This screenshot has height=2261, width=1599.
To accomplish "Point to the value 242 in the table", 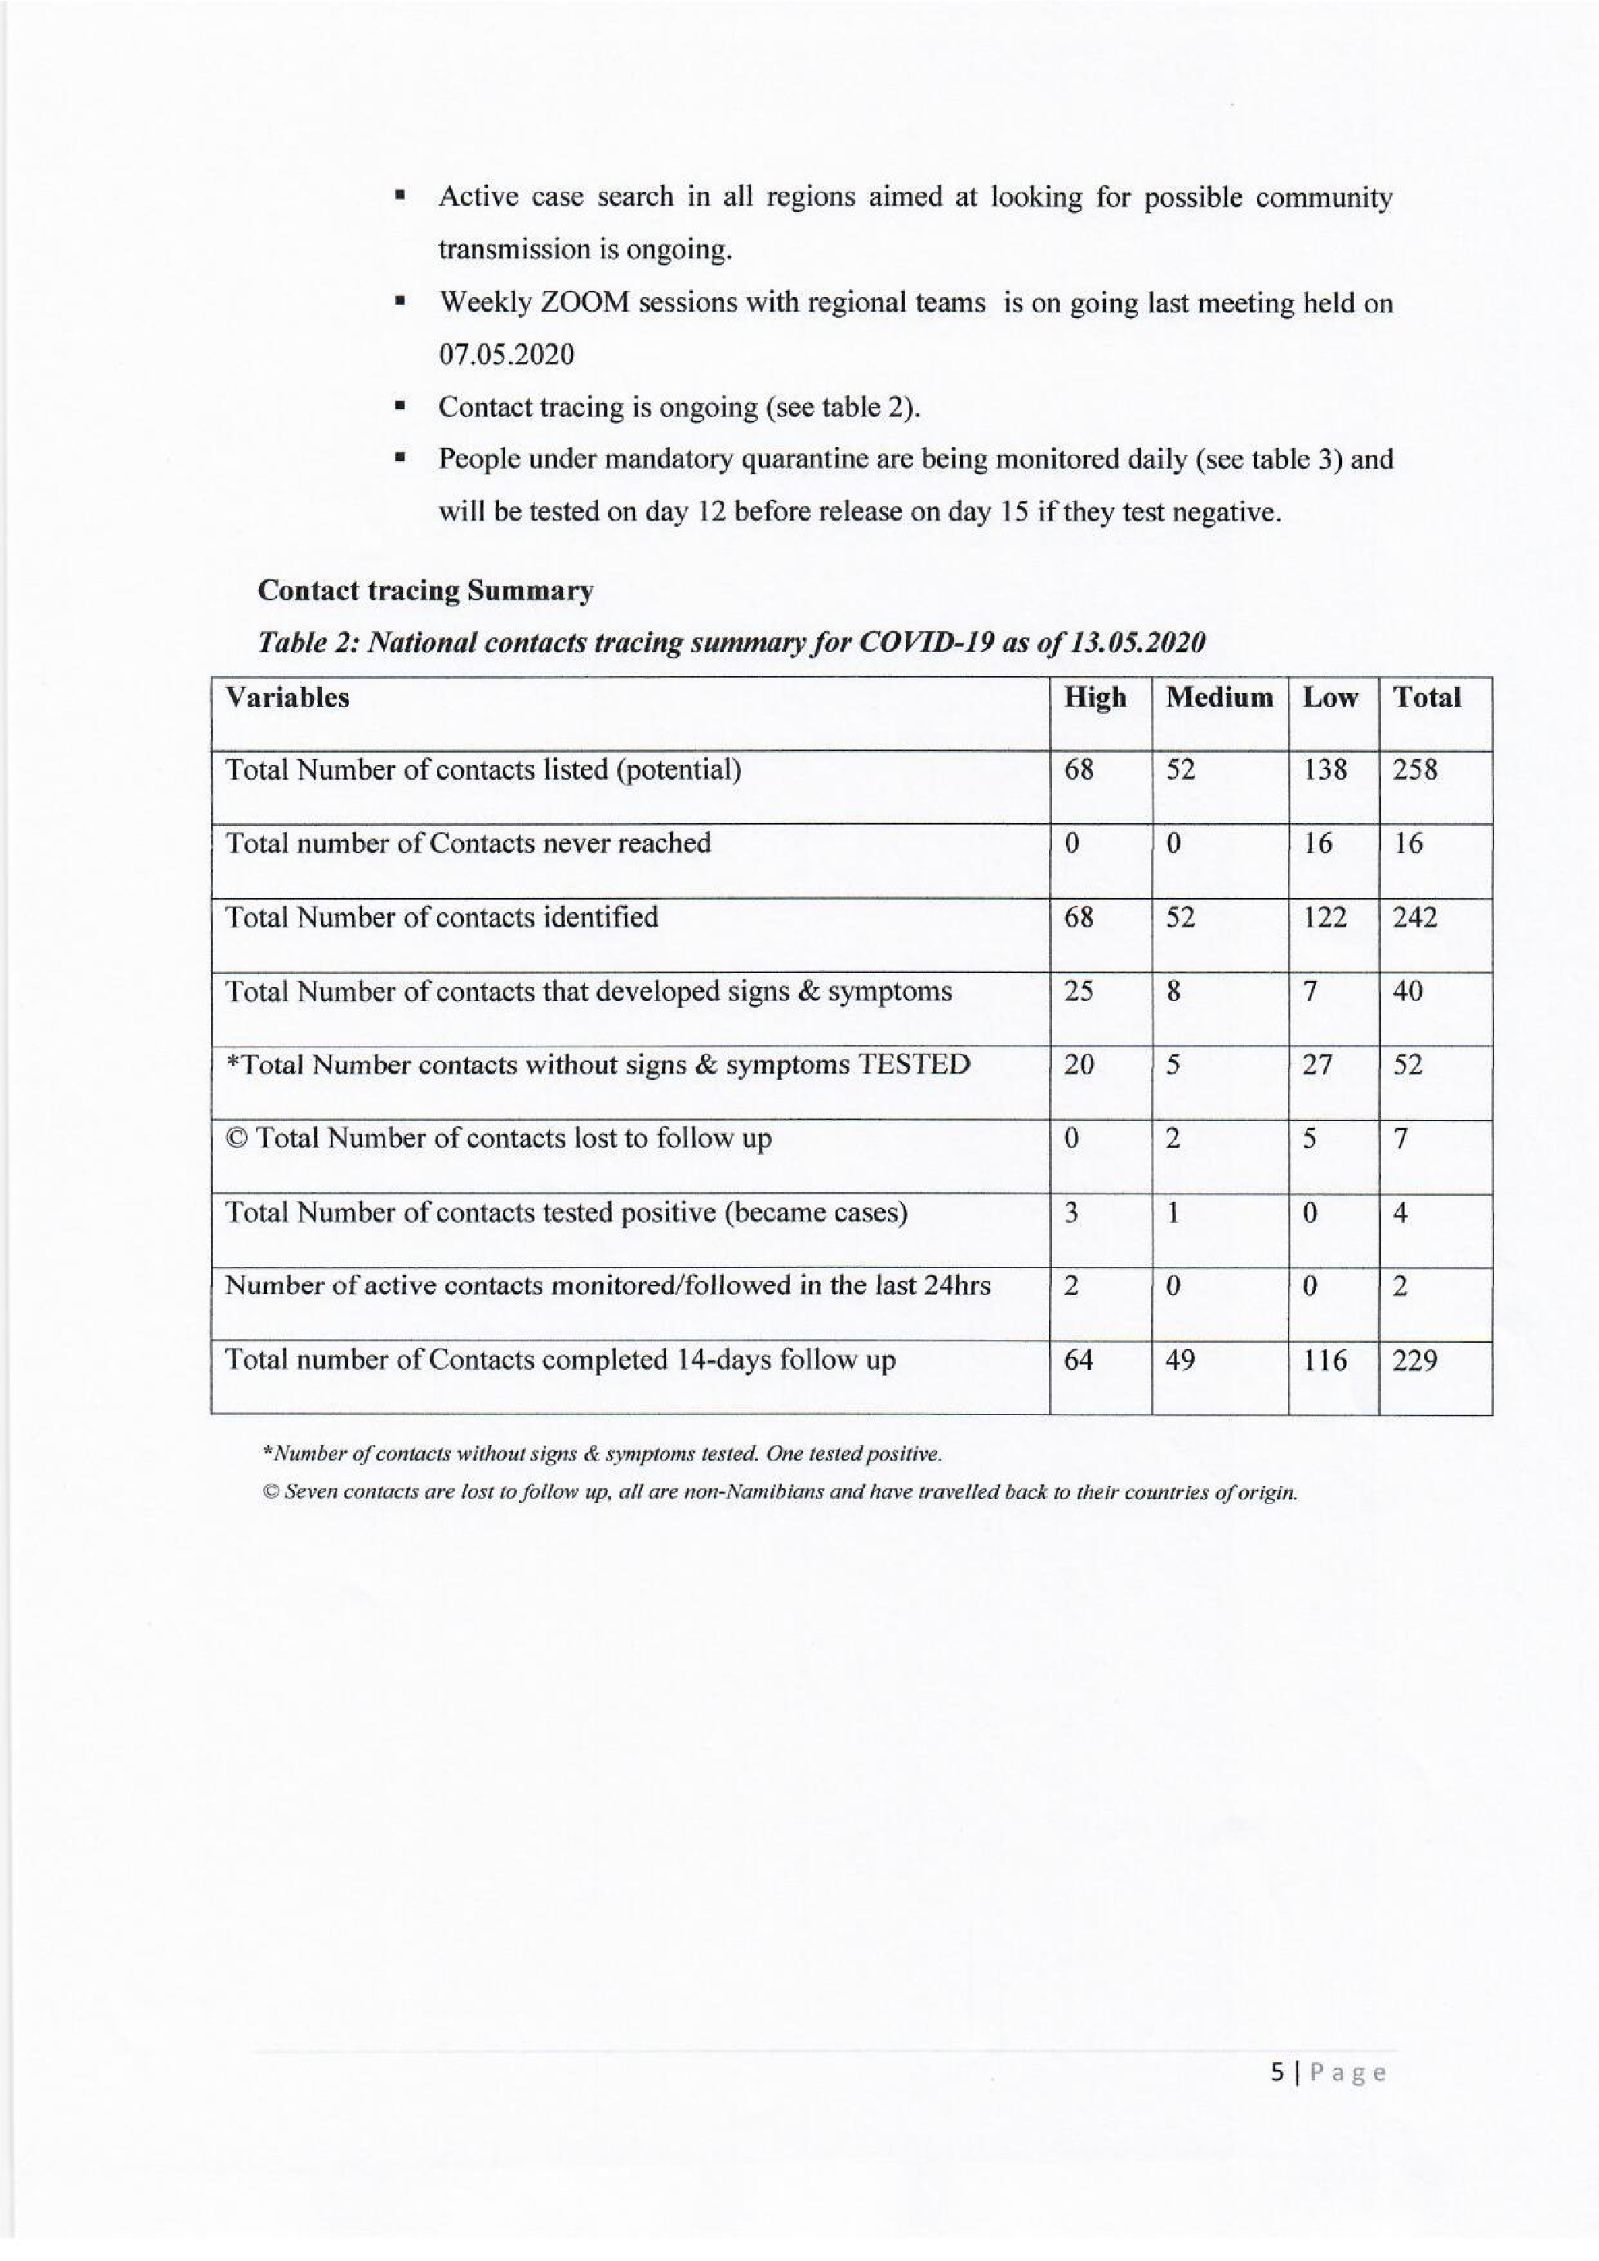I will click(1415, 918).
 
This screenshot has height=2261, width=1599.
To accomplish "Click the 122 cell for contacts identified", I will click(1324, 918).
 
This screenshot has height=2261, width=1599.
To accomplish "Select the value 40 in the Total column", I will click(1408, 991).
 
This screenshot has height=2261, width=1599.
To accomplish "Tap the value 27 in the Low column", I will click(1318, 1064).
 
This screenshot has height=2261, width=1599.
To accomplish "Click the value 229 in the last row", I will click(1415, 1360).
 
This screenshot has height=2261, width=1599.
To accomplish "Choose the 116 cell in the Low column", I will click(1324, 1360).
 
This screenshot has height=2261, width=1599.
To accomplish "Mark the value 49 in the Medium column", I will click(1180, 1360).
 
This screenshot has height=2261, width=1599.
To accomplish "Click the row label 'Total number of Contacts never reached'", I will click(468, 843).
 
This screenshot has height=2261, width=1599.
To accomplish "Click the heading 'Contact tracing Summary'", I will click(425, 591).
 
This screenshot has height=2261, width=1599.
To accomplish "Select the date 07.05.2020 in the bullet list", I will click(506, 354).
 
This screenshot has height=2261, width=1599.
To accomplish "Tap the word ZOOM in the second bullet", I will click(584, 302).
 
